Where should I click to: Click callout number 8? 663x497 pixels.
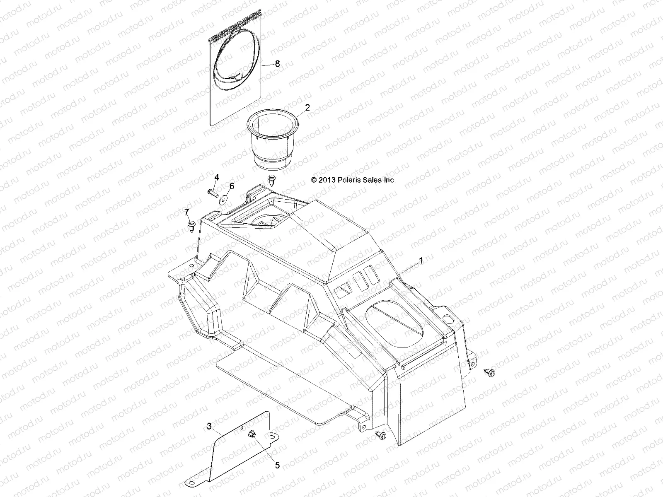[x=277, y=64]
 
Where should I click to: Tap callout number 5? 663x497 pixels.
[x=277, y=466]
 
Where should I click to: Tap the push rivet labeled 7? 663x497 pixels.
[x=192, y=226]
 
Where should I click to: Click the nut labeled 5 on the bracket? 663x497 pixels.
[x=252, y=434]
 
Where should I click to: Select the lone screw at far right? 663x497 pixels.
[x=490, y=373]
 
